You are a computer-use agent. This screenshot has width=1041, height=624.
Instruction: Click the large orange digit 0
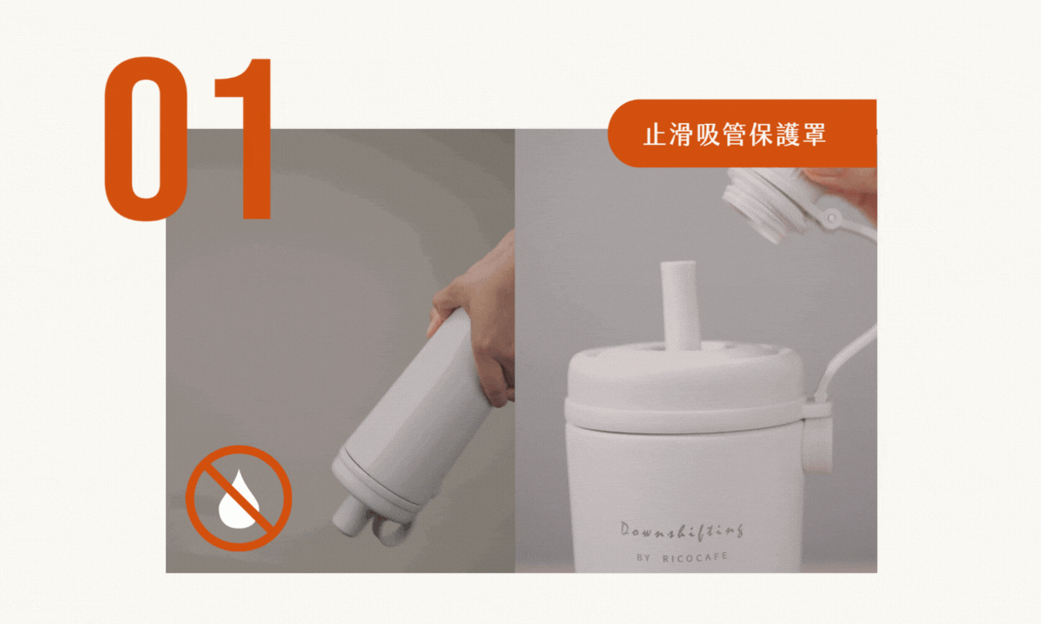[147, 139]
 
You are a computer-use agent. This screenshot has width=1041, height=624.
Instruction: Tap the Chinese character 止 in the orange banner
[654, 134]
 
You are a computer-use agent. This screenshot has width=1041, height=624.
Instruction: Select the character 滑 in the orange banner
[681, 134]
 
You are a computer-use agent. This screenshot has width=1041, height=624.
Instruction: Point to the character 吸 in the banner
[707, 134]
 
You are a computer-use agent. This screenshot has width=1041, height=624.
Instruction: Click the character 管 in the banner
[734, 134]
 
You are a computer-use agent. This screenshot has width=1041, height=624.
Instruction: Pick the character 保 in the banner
[761, 134]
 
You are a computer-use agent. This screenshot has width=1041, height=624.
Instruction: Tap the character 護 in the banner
[788, 134]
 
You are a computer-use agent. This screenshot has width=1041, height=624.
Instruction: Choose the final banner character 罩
[814, 134]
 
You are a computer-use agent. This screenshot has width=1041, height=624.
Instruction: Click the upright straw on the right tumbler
[680, 305]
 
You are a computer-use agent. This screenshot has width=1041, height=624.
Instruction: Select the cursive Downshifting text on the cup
[681, 531]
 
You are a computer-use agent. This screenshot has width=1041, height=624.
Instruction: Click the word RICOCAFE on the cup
[695, 557]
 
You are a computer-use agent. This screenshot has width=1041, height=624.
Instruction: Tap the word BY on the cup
[643, 557]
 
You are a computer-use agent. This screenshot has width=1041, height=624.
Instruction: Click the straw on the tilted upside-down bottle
[350, 515]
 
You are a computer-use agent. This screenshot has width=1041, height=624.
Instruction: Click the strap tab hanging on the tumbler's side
[818, 441]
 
